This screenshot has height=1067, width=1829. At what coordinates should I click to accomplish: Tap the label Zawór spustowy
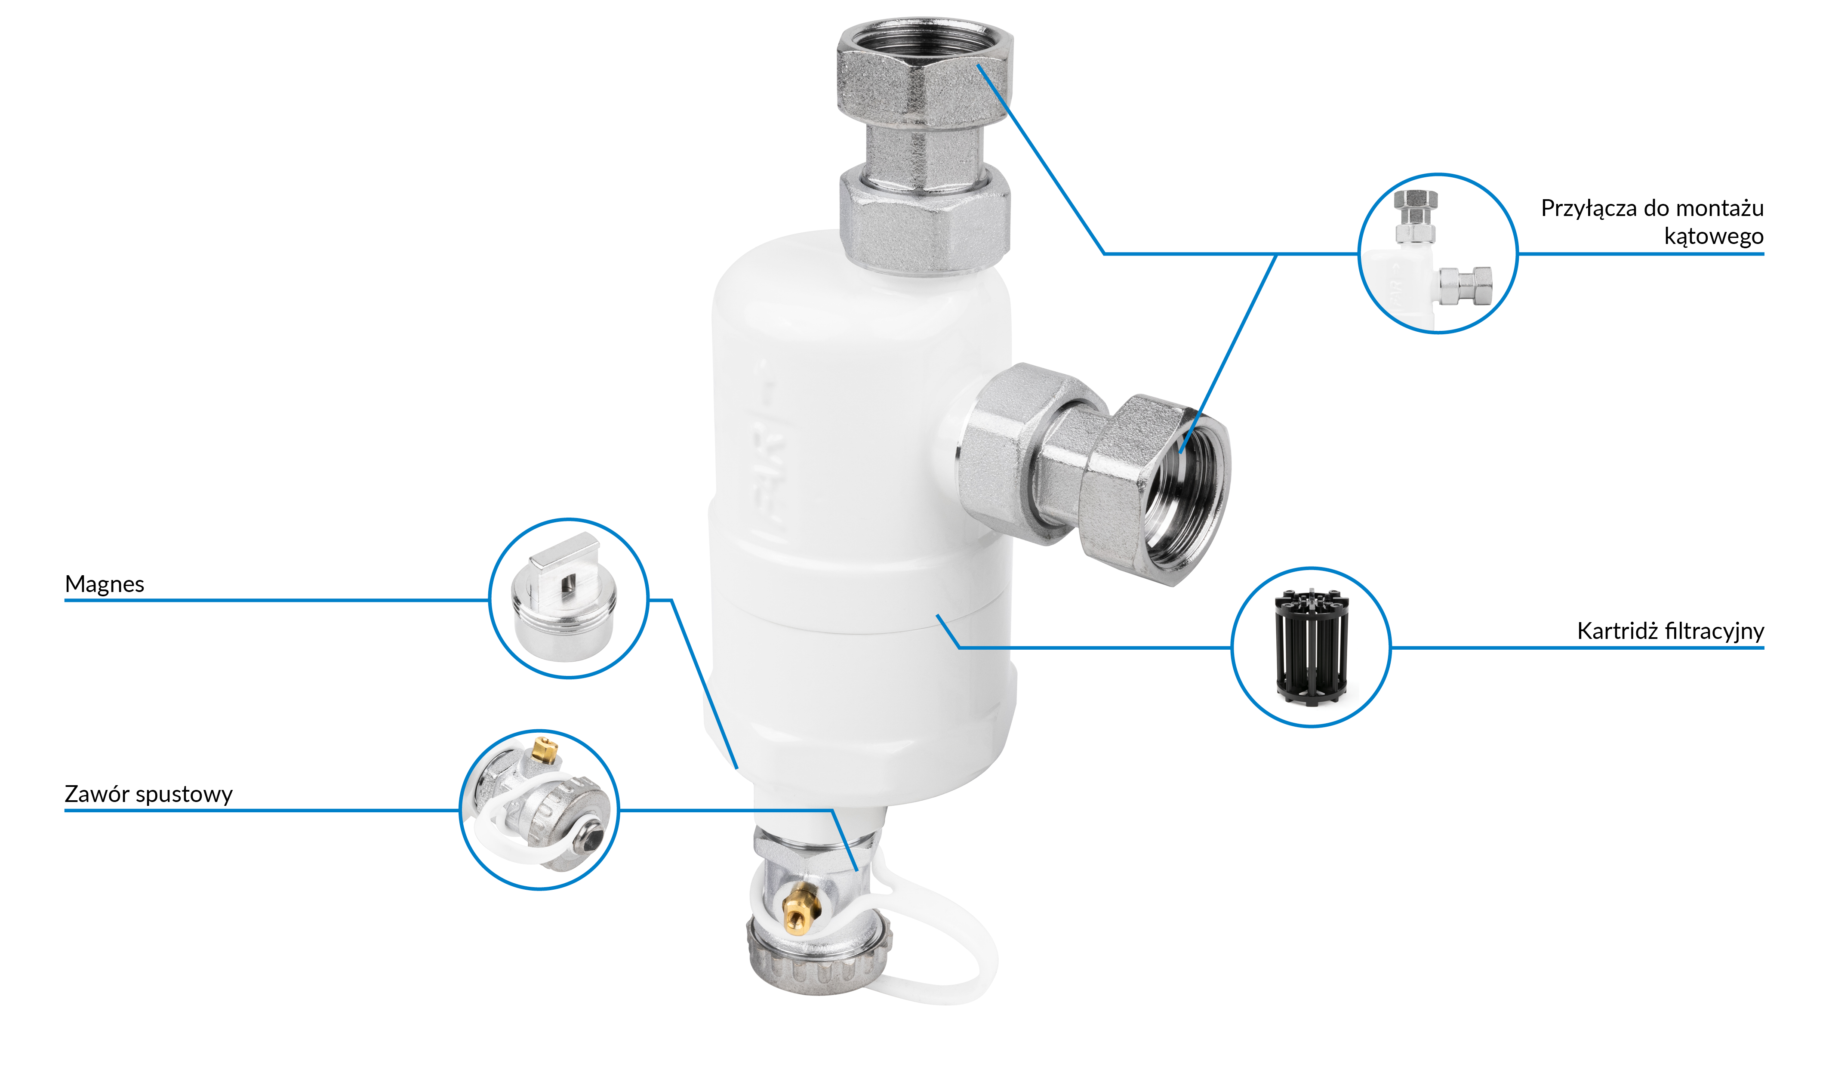coord(149,795)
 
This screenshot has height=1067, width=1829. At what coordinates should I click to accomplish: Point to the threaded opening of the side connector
coord(1185,495)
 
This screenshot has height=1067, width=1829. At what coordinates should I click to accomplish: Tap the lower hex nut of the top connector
coord(924,218)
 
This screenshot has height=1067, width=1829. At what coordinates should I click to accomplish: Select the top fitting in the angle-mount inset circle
coord(1415,216)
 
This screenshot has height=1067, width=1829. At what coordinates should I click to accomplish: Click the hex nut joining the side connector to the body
coord(1016,453)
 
